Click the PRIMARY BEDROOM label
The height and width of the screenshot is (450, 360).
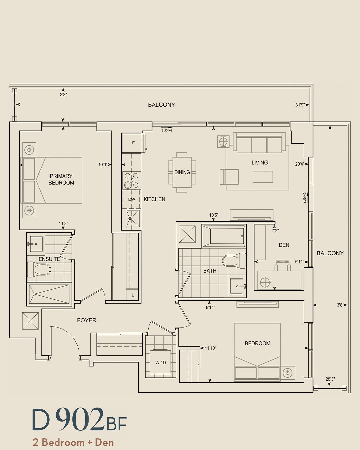tap(61, 179)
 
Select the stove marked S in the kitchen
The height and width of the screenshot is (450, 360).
tap(132, 180)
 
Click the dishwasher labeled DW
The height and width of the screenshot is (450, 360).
tap(132, 199)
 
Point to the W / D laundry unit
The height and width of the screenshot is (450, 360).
tap(160, 362)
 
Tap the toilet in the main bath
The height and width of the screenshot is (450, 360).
tap(234, 261)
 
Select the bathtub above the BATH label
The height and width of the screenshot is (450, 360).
tap(223, 236)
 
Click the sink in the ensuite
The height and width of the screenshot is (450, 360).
tap(37, 244)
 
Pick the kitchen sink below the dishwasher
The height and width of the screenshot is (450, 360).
tap(132, 218)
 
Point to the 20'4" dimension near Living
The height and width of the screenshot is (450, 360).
tap(299, 164)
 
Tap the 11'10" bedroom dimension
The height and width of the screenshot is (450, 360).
tap(210, 348)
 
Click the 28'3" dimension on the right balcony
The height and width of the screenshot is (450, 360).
tap(330, 379)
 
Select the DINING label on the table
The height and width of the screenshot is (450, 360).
tap(182, 172)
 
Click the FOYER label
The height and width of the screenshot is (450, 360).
tap(87, 320)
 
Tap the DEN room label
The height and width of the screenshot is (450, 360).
tap(284, 245)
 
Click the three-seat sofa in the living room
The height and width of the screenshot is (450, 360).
tap(259, 143)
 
